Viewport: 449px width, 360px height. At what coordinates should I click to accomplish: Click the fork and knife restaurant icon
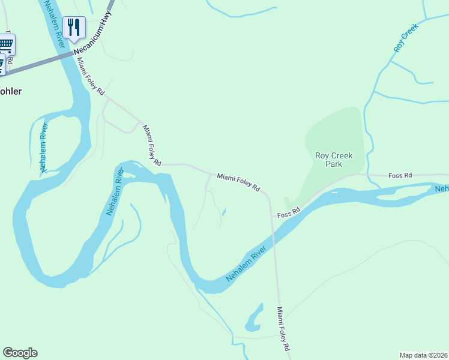pyautogui.click(x=74, y=26)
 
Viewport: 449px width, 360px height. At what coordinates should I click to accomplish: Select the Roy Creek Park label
pyautogui.click(x=334, y=160)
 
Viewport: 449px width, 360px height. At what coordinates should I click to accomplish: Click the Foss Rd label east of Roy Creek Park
pyautogui.click(x=400, y=175)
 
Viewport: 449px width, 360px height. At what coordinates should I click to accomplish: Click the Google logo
pyautogui.click(x=20, y=353)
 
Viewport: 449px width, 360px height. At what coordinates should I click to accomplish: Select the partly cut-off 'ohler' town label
pyautogui.click(x=11, y=91)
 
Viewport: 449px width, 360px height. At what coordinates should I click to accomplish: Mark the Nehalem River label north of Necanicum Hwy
pyautogui.click(x=54, y=25)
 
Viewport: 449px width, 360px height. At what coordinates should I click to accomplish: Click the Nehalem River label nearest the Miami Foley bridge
pyautogui.click(x=247, y=264)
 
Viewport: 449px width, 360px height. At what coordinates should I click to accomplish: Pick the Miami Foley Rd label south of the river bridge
pyautogui.click(x=284, y=329)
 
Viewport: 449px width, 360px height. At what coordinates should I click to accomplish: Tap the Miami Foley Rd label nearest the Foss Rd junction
pyautogui.click(x=238, y=183)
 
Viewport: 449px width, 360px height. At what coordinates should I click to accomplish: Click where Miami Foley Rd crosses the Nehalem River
pyautogui.click(x=273, y=236)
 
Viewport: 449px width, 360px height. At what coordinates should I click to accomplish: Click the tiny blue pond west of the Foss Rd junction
pyautogui.click(x=224, y=212)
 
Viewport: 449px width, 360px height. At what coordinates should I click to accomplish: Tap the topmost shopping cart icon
pyautogui.click(x=6, y=43)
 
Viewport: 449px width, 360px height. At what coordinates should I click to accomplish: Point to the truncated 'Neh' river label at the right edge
pyautogui.click(x=442, y=189)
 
